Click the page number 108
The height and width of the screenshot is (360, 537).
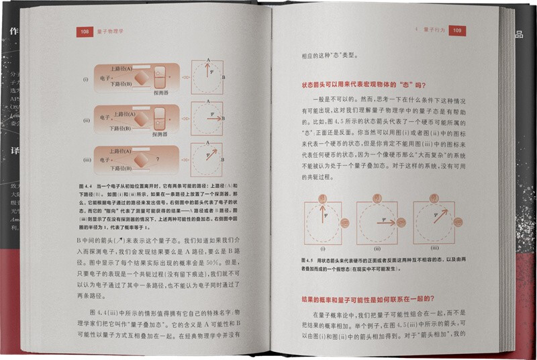(85, 31)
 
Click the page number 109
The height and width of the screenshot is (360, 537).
(456, 30)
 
